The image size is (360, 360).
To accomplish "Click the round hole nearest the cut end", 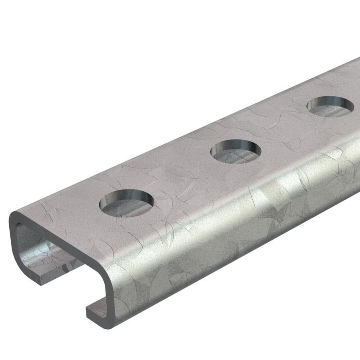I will coord(126,203).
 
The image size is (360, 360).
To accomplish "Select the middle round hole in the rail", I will coord(236,151).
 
